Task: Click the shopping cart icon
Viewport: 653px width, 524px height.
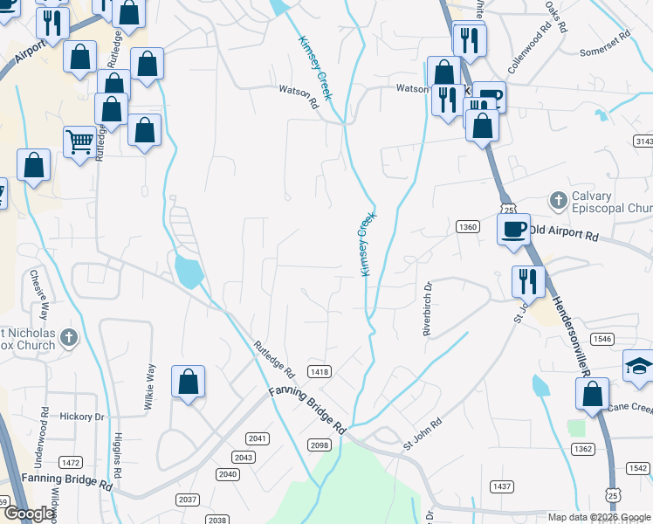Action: (79, 140)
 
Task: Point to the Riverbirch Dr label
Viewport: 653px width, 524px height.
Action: (428, 308)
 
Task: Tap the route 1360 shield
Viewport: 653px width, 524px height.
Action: (468, 227)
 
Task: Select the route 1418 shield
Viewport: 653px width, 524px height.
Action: (319, 372)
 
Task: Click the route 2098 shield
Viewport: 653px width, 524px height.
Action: (320, 445)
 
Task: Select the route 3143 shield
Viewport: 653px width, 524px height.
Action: (643, 141)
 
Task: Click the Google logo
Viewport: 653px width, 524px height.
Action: (30, 514)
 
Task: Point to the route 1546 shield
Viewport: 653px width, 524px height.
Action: (601, 338)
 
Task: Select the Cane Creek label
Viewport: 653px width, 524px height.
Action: (630, 408)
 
